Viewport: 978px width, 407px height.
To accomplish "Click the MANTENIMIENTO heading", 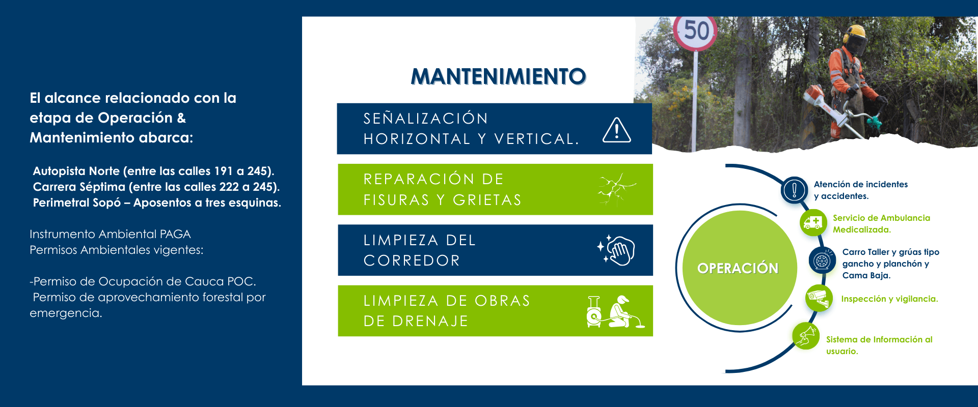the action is point(498,76).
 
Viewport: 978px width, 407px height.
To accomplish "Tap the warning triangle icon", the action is point(617,130).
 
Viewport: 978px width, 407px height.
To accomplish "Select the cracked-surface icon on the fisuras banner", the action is point(617,189).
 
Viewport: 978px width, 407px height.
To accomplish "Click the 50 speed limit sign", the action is point(696,32).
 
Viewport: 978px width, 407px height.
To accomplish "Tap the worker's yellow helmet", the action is point(854,34).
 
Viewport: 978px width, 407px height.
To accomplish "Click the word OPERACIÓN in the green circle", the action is point(738,268).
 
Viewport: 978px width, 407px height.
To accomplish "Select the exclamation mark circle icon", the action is point(794,190).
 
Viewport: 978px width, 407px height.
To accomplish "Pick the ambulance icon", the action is point(813,223).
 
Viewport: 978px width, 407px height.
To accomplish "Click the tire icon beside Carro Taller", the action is point(822,260).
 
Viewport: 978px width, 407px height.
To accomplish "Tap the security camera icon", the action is point(819,298).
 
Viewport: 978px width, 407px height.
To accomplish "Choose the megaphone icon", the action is point(806,336).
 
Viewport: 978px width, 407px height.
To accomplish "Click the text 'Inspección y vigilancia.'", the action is point(889,299).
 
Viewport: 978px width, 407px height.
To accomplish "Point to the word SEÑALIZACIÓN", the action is point(426,119).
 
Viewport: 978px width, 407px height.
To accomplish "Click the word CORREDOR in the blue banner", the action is point(412,260).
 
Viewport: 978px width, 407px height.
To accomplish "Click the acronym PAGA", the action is point(175,234).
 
